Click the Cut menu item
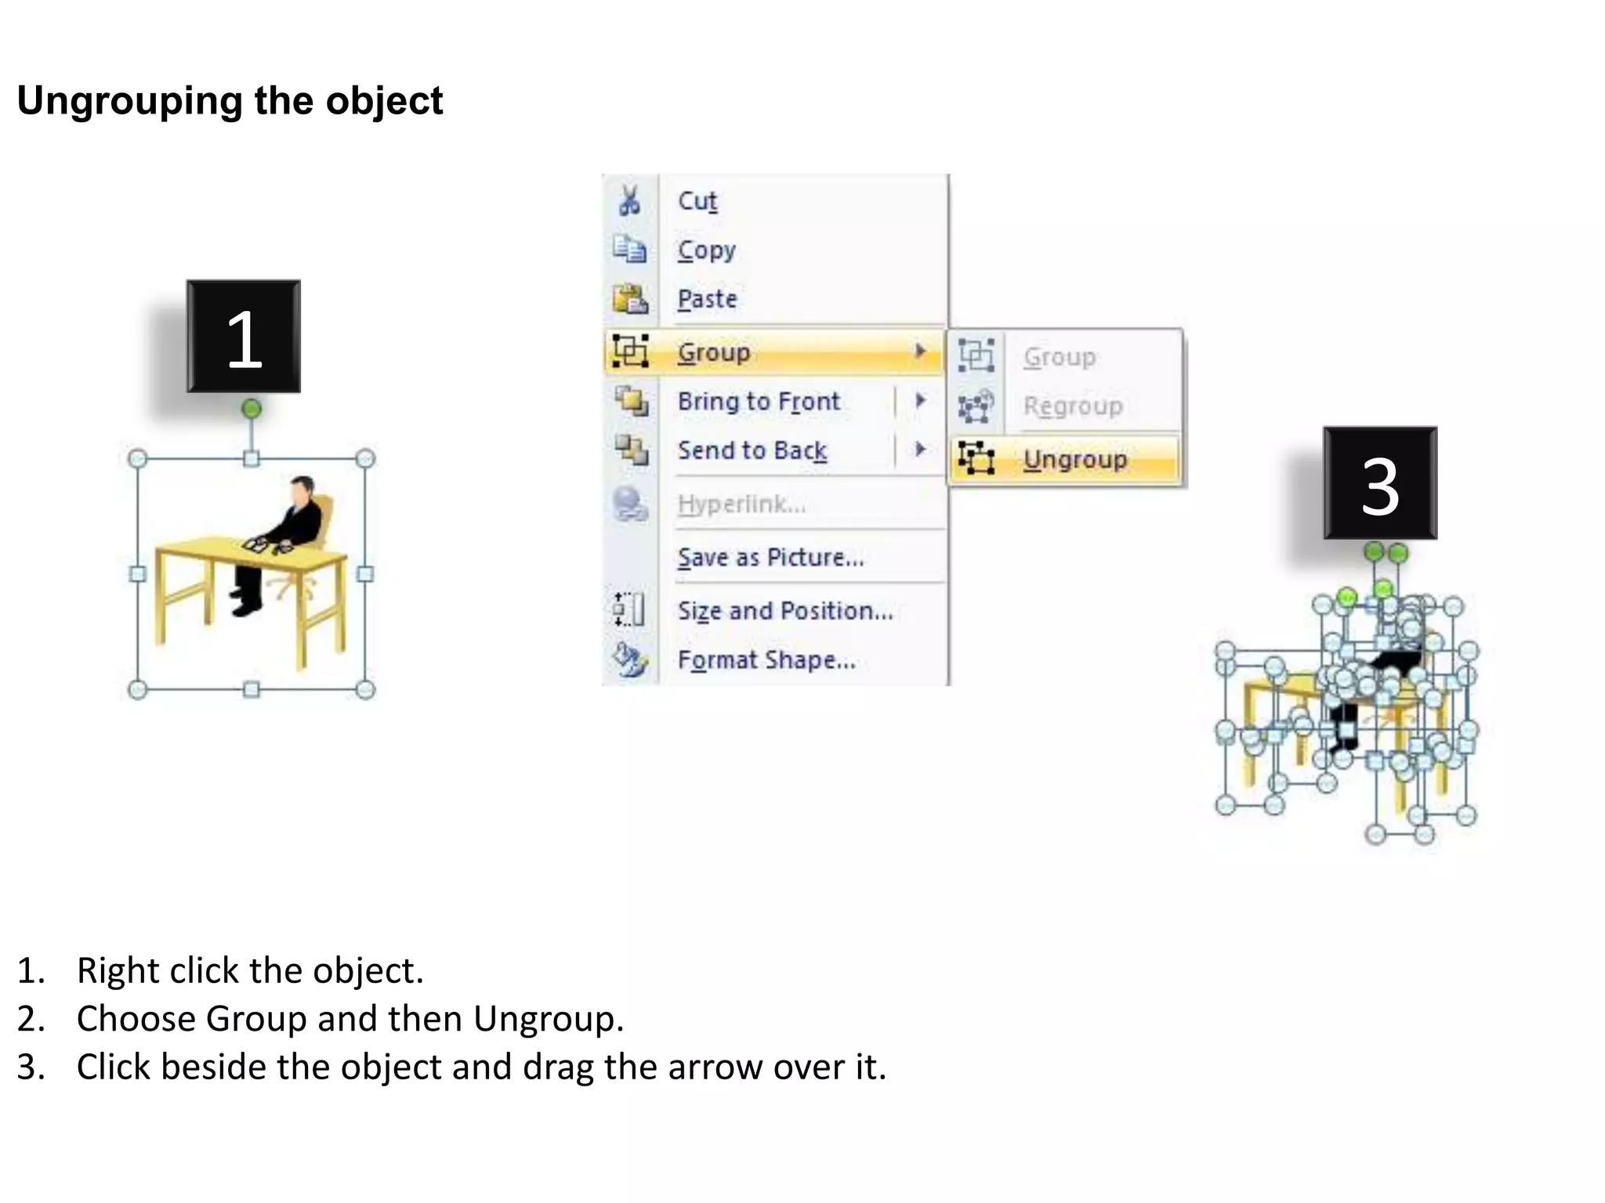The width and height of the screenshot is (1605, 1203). click(x=697, y=201)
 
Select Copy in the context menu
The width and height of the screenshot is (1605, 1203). click(x=706, y=251)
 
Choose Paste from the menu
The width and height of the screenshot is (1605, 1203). click(x=707, y=299)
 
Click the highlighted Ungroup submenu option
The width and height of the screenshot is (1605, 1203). click(x=1074, y=460)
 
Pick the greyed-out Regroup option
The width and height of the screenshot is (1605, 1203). click(x=1072, y=406)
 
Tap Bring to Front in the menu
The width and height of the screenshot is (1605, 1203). click(x=758, y=402)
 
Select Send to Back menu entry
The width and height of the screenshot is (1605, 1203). click(x=752, y=450)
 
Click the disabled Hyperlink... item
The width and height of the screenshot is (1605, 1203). click(x=741, y=504)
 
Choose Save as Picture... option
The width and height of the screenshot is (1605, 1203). click(x=770, y=558)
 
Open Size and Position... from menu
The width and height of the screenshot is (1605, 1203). click(x=784, y=611)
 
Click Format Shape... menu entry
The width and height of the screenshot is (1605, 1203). click(x=766, y=660)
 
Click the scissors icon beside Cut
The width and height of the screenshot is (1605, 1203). click(x=629, y=201)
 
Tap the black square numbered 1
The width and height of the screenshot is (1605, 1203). click(x=244, y=337)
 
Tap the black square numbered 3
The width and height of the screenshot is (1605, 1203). click(x=1380, y=484)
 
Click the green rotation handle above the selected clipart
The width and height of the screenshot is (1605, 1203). click(x=251, y=409)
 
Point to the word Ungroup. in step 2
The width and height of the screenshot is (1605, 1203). click(x=548, y=1019)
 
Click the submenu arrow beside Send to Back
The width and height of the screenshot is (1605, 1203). click(x=920, y=450)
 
